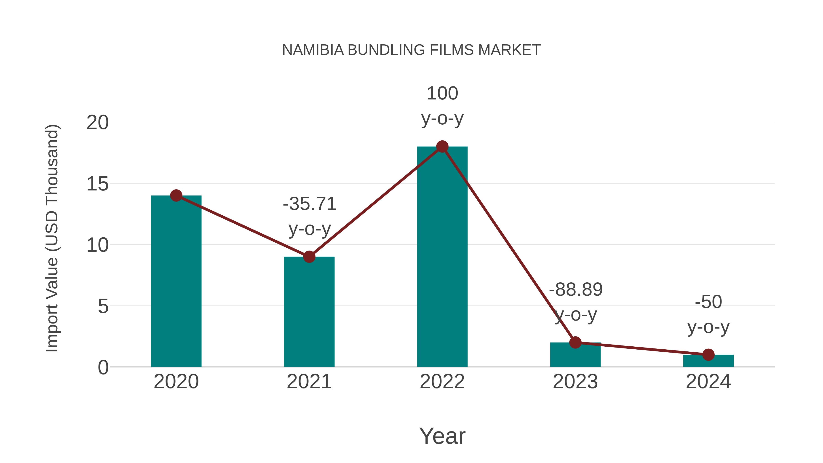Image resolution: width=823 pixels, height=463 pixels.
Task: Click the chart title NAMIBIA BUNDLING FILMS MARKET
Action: [411, 50]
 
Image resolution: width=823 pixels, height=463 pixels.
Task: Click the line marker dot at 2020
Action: [176, 195]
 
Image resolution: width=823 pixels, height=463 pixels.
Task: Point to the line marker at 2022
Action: [442, 147]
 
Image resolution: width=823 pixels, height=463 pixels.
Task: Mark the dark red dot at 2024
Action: [708, 355]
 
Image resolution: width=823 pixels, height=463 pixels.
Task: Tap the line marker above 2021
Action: [309, 257]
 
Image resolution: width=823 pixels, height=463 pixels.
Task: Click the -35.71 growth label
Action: [310, 204]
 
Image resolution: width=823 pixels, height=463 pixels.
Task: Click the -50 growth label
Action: [708, 302]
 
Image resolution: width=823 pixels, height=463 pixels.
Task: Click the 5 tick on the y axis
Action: [103, 306]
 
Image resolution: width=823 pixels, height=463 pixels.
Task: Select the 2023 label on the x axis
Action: [575, 382]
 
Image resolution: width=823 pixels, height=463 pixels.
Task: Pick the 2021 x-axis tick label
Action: [309, 382]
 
